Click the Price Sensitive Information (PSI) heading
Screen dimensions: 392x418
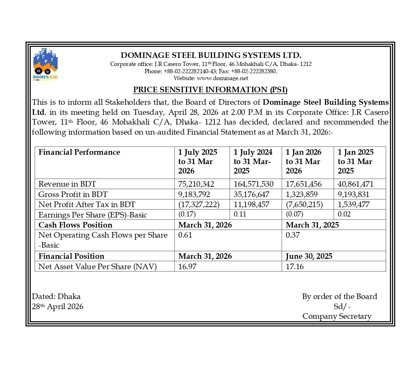pyautogui.click(x=210, y=90)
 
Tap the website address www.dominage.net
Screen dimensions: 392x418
pyautogui.click(x=222, y=78)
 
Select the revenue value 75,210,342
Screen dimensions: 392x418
pyautogui.click(x=196, y=184)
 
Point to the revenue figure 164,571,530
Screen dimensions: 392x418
pyautogui.click(x=253, y=184)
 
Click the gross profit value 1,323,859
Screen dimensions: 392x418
pyautogui.click(x=301, y=194)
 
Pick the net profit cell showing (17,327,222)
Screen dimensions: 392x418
pyautogui.click(x=199, y=204)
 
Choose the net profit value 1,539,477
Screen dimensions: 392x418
pyautogui.click(x=353, y=204)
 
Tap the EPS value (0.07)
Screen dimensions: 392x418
pyautogui.click(x=294, y=214)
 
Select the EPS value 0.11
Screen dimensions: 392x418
pyautogui.click(x=240, y=214)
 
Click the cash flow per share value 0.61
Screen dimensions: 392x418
pyautogui.click(x=185, y=235)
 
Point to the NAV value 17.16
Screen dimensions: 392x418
pyautogui.click(x=295, y=266)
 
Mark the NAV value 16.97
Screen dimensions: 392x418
pyautogui.click(x=187, y=266)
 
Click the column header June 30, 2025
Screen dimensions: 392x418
pyautogui.click(x=309, y=256)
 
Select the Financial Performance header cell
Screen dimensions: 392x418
pyautogui.click(x=79, y=152)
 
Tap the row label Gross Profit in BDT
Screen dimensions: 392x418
pyautogui.click(x=73, y=194)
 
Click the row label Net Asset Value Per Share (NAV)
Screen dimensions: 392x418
pyautogui.click(x=97, y=266)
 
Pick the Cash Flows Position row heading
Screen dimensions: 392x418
pyautogui.click(x=75, y=225)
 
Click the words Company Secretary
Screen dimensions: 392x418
pyautogui.click(x=336, y=316)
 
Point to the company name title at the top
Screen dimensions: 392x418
pyautogui.click(x=211, y=55)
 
